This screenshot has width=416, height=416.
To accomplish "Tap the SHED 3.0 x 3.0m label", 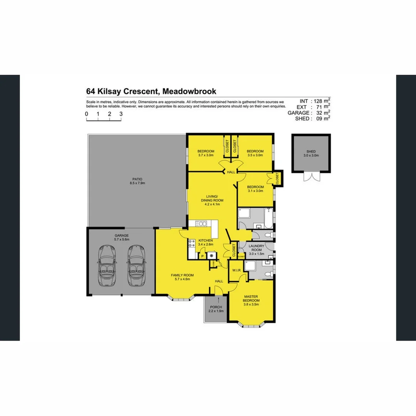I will (311, 153).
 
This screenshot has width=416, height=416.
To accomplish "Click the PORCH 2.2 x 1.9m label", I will (216, 309).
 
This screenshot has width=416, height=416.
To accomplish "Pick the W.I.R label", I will (237, 270).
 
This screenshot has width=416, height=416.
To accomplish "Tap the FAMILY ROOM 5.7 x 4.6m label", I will (182, 277).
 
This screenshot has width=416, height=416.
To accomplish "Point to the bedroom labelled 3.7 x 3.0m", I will (206, 153).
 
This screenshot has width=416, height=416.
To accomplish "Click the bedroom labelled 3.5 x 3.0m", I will (255, 153).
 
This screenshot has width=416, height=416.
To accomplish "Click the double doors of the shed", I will (311, 176).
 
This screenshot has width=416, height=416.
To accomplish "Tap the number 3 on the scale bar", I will (121, 114).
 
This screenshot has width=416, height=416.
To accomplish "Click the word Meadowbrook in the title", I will (189, 91).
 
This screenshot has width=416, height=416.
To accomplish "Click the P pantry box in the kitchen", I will (202, 256).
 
